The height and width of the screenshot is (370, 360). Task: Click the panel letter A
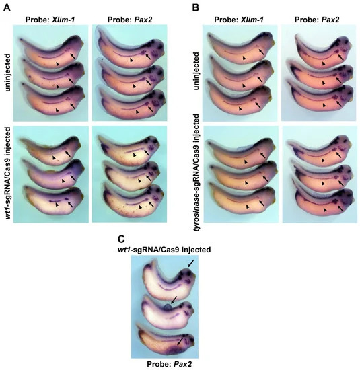7,7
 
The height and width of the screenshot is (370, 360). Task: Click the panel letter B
196,7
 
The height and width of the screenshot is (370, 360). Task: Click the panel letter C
121,239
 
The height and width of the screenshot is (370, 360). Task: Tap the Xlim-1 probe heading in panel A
50,20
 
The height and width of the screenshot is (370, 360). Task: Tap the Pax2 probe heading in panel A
130,20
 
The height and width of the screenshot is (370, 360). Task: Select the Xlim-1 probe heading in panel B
239,20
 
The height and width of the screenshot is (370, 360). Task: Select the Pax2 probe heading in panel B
317,20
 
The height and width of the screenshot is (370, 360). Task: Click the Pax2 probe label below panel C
170,364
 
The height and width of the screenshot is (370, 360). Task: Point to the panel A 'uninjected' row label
7,73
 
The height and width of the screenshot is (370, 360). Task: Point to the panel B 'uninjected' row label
196,71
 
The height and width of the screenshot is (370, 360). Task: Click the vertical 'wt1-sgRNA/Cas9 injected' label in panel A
7,173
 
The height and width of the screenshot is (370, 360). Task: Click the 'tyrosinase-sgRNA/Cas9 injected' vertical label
196,172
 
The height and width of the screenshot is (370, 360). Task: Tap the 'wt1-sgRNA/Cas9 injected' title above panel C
164,250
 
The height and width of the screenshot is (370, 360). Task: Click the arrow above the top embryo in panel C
191,264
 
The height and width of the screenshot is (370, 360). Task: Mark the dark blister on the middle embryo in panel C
168,307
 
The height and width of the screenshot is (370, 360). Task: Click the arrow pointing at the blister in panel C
174,300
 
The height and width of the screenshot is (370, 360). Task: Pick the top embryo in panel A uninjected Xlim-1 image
50,50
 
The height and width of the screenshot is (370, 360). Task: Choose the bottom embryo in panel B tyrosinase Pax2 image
324,200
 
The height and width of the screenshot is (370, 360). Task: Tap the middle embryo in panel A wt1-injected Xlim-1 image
55,174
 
